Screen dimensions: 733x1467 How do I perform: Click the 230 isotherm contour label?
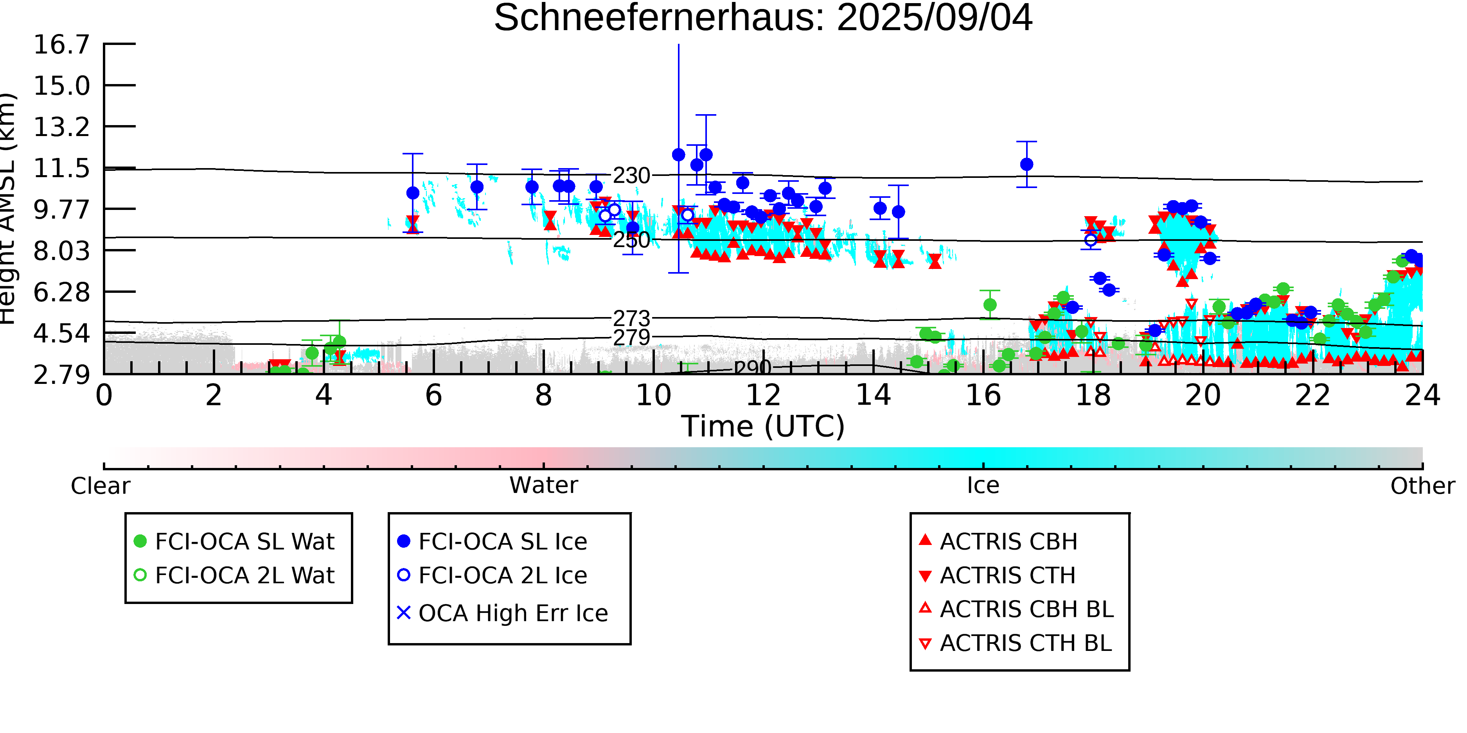click(631, 176)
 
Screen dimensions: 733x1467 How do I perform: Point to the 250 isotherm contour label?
click(631, 240)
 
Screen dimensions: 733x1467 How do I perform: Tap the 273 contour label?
click(631, 319)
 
